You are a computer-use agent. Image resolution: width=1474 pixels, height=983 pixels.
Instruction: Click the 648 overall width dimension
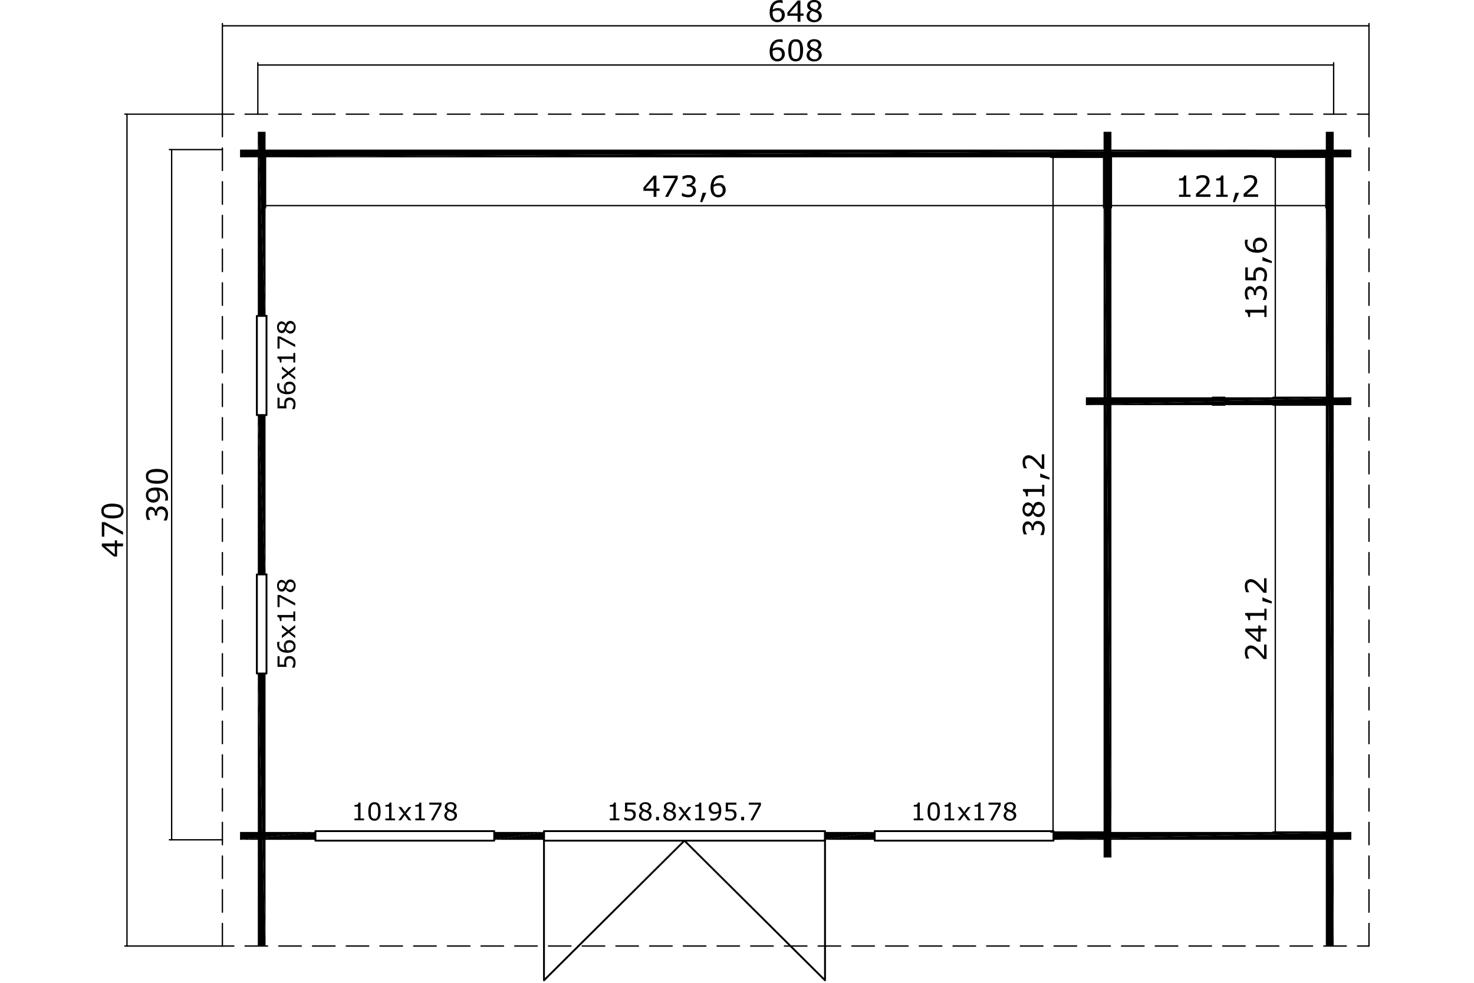pos(795,12)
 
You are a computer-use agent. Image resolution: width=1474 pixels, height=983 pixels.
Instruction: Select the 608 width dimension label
pos(795,51)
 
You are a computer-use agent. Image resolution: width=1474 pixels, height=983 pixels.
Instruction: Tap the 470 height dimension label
pos(113,530)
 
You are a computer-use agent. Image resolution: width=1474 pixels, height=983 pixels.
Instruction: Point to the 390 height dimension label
pos(157,495)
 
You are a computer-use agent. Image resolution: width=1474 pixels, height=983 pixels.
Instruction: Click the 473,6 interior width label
pos(685,187)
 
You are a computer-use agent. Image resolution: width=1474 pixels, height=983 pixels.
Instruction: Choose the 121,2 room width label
pos(1218,187)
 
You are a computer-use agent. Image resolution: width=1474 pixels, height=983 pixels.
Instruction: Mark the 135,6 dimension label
pos(1256,278)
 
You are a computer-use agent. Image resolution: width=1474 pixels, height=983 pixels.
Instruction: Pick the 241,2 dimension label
pos(1256,619)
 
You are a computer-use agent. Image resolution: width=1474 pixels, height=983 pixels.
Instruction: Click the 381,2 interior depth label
pos(1035,495)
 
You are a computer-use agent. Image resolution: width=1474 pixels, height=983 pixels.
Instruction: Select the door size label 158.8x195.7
pos(685,813)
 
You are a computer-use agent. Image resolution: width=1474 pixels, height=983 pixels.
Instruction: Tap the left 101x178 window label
pos(405,813)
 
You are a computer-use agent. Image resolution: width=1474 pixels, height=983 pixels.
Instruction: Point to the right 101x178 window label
pos(964,813)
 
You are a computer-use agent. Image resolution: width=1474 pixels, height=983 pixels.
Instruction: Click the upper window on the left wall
pos(261,366)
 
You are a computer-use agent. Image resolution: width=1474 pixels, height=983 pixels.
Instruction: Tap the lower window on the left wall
pos(261,624)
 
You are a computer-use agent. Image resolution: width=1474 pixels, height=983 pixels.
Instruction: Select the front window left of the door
pos(405,836)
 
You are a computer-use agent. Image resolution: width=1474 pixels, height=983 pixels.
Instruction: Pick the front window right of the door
pos(964,836)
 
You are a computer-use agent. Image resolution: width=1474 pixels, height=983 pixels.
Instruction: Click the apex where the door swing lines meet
pos(685,841)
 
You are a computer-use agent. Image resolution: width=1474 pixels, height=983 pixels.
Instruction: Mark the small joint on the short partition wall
pos(1218,401)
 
